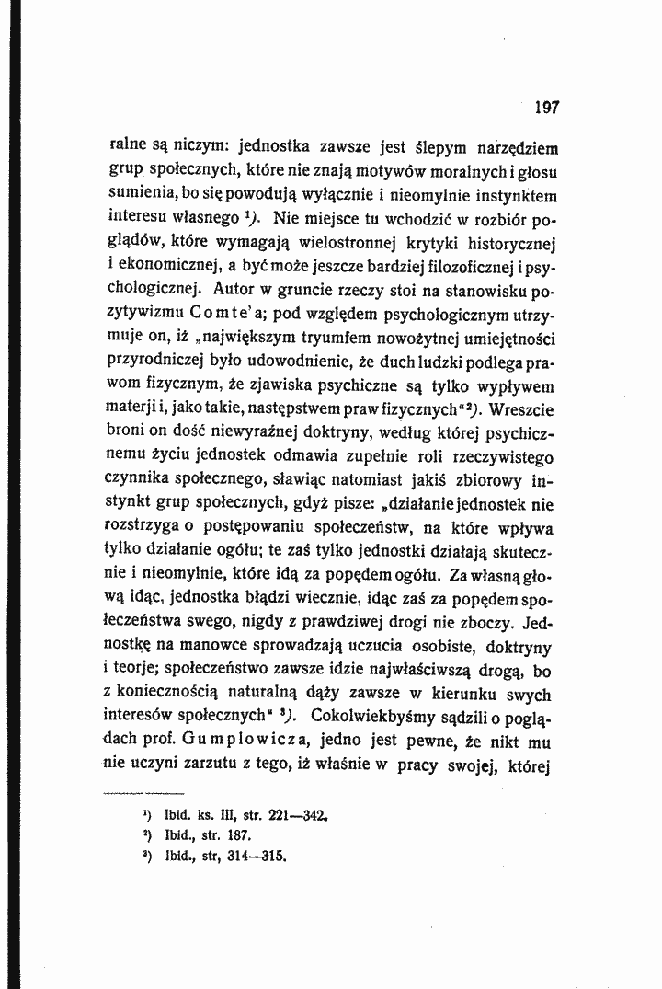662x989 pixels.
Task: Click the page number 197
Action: point(546,107)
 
